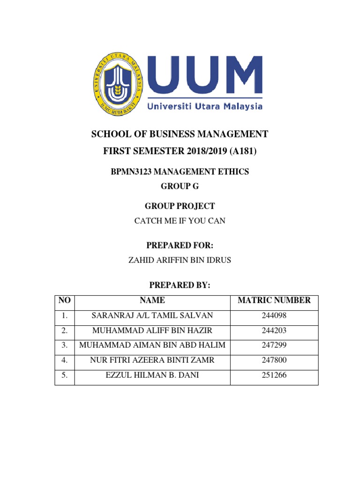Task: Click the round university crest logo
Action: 120,82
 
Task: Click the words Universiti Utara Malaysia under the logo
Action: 205,107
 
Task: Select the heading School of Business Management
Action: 180,135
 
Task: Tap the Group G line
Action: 180,186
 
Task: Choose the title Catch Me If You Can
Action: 180,220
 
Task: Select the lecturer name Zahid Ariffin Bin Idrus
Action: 180,260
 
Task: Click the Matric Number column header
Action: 274,300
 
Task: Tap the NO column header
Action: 65,300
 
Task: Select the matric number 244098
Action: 274,315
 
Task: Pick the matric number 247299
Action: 274,345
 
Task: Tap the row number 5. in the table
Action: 65,375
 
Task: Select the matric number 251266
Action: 274,375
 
